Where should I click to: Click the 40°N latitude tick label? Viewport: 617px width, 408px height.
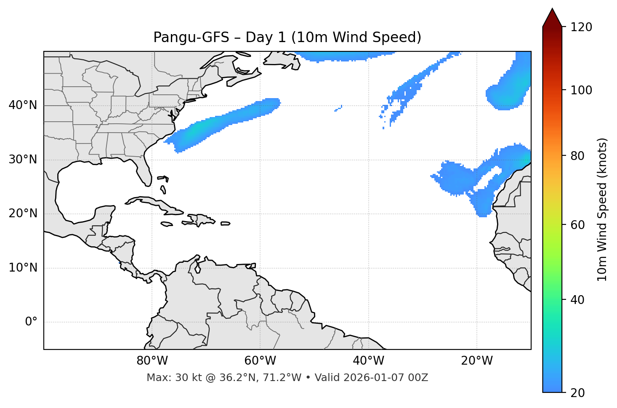click(23, 105)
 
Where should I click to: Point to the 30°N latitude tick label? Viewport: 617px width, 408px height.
click(23, 160)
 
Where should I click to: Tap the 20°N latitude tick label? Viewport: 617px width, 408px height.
click(23, 213)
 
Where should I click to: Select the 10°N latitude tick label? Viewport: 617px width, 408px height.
click(23, 268)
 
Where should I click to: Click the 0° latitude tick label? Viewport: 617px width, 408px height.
click(31, 322)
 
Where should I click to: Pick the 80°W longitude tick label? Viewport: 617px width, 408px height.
click(152, 361)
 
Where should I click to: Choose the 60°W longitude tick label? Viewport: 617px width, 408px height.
click(260, 361)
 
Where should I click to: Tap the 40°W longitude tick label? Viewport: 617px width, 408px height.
click(368, 361)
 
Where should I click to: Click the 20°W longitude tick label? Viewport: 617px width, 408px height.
click(477, 361)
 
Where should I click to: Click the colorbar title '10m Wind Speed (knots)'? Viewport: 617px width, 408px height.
click(602, 210)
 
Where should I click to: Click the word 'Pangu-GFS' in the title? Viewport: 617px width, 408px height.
click(191, 37)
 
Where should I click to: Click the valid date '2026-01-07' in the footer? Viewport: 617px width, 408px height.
click(376, 378)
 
